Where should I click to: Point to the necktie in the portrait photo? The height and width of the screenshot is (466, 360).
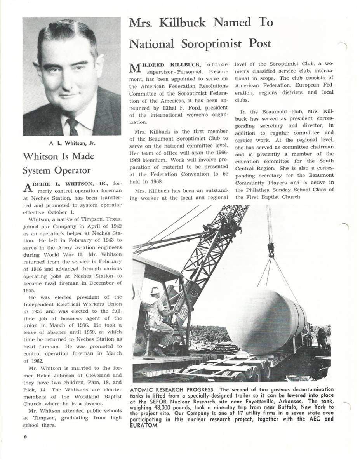pos(73,126)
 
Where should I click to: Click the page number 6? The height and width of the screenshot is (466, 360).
pos(25,436)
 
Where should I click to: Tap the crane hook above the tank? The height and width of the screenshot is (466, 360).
pos(271,249)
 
